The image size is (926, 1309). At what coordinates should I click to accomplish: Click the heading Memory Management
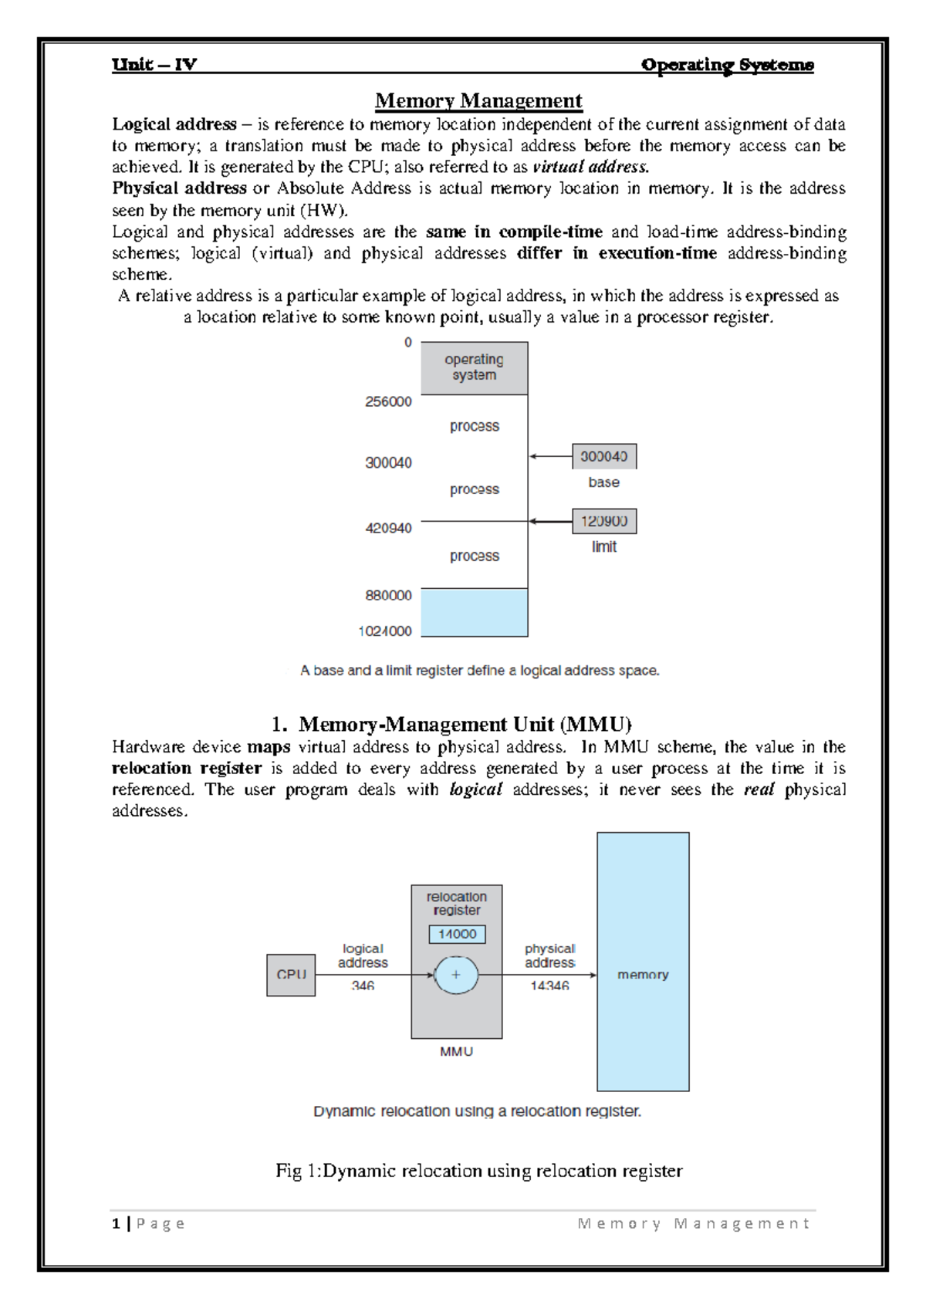[x=478, y=101]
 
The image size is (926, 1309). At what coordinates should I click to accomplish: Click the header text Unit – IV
[x=154, y=64]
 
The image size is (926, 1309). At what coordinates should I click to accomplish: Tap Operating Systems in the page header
[x=727, y=65]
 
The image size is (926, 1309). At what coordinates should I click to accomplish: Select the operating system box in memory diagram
[x=474, y=367]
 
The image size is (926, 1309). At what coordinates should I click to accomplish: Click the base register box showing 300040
[x=603, y=456]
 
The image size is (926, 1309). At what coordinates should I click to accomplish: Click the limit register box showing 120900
[x=603, y=521]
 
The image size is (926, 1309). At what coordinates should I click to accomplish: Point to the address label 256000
[x=388, y=401]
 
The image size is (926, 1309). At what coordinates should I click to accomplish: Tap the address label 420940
[x=388, y=528]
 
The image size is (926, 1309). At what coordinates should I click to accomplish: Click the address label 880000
[x=388, y=595]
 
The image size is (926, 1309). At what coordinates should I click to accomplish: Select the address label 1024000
[x=385, y=631]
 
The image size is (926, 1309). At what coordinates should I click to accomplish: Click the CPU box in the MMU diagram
[x=291, y=975]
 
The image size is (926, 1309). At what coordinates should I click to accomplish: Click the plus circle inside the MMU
[x=456, y=975]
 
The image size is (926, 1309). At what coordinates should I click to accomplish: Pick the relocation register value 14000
[x=457, y=934]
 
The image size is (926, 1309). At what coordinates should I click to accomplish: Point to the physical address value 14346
[x=549, y=986]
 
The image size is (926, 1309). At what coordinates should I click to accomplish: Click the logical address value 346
[x=363, y=986]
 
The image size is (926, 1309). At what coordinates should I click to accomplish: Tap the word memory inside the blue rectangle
[x=643, y=975]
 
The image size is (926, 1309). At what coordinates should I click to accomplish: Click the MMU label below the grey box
[x=456, y=1051]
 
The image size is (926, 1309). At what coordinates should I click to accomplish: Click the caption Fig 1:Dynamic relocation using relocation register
[x=478, y=1171]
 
